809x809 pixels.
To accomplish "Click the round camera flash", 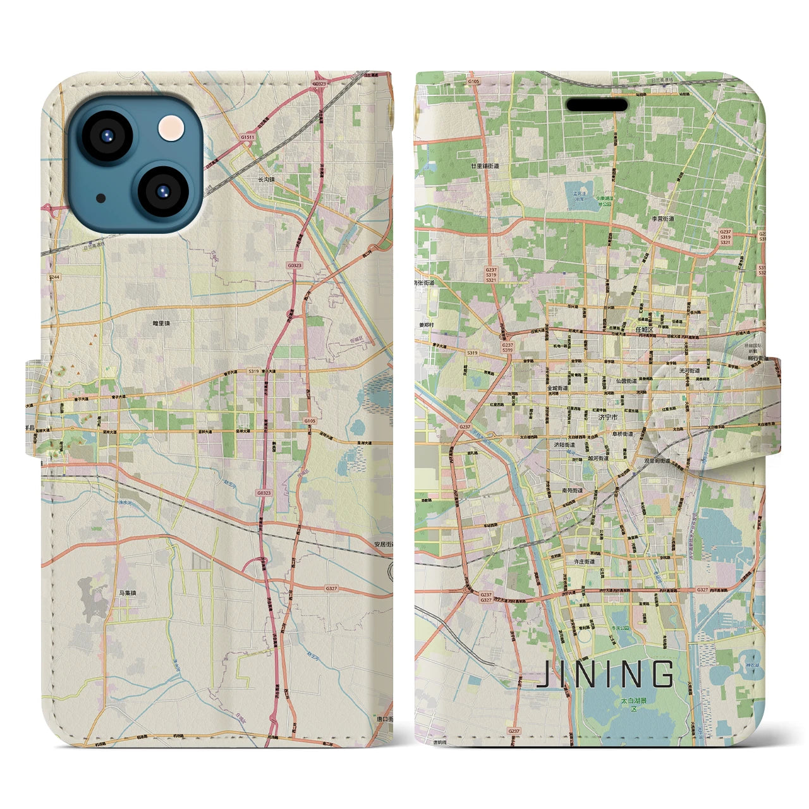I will [172, 128].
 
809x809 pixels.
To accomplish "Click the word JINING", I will [605, 674].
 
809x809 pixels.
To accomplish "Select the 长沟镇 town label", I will [265, 179].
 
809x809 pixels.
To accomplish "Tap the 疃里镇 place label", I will [161, 323].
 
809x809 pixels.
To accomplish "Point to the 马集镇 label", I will [127, 593].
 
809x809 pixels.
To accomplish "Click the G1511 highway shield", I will [247, 137].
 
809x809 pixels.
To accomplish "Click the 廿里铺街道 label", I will [485, 166].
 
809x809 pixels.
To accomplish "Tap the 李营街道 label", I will [663, 219].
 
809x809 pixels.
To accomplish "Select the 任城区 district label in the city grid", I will [644, 330].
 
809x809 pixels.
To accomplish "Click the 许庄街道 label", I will [581, 561].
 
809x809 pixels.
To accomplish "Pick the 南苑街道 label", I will [573, 490].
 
